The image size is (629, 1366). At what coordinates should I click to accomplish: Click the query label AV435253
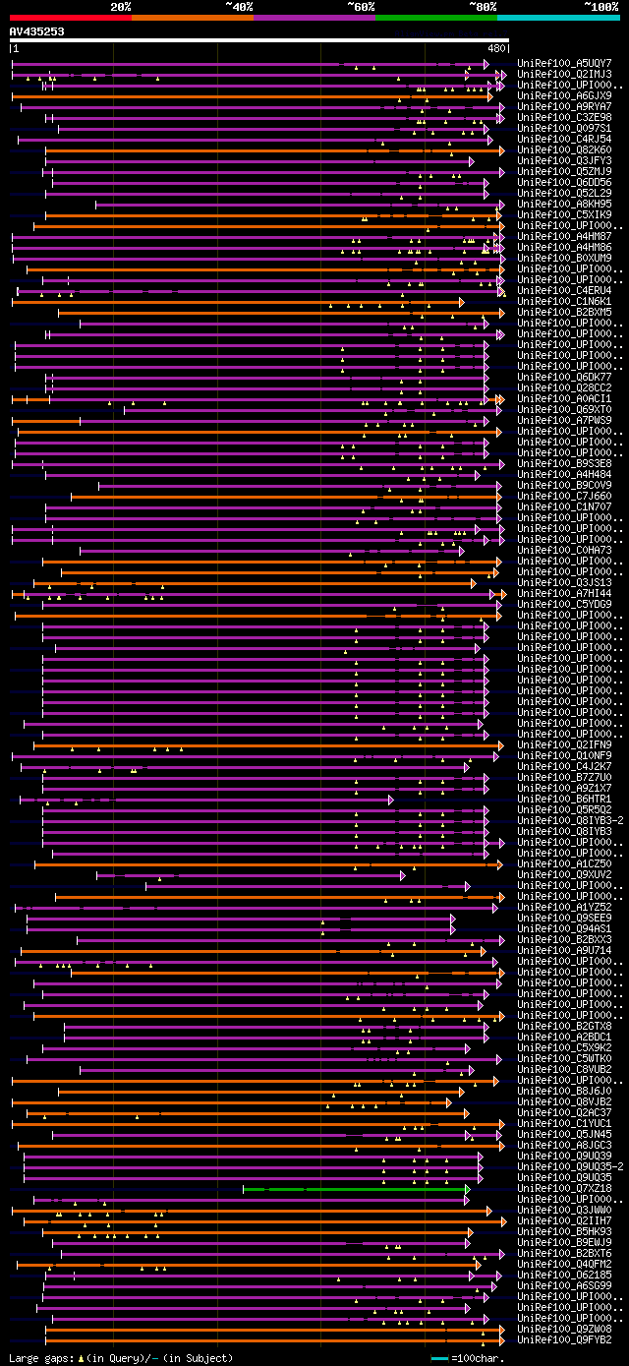click(37, 31)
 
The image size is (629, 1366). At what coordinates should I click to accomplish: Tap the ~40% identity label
click(239, 6)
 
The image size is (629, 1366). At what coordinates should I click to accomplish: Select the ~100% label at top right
click(600, 6)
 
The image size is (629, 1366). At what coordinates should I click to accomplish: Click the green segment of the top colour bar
click(435, 17)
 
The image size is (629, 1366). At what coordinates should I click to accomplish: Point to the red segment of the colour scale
click(70, 17)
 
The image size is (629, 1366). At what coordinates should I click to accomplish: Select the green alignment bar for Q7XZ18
click(354, 1188)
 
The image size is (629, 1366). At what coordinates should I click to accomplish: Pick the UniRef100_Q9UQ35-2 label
click(569, 1166)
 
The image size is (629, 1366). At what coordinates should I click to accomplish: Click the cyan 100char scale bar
click(439, 1358)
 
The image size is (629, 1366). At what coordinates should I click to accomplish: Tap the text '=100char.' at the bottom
click(477, 1358)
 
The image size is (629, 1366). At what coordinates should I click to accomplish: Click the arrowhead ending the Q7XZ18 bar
click(468, 1188)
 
